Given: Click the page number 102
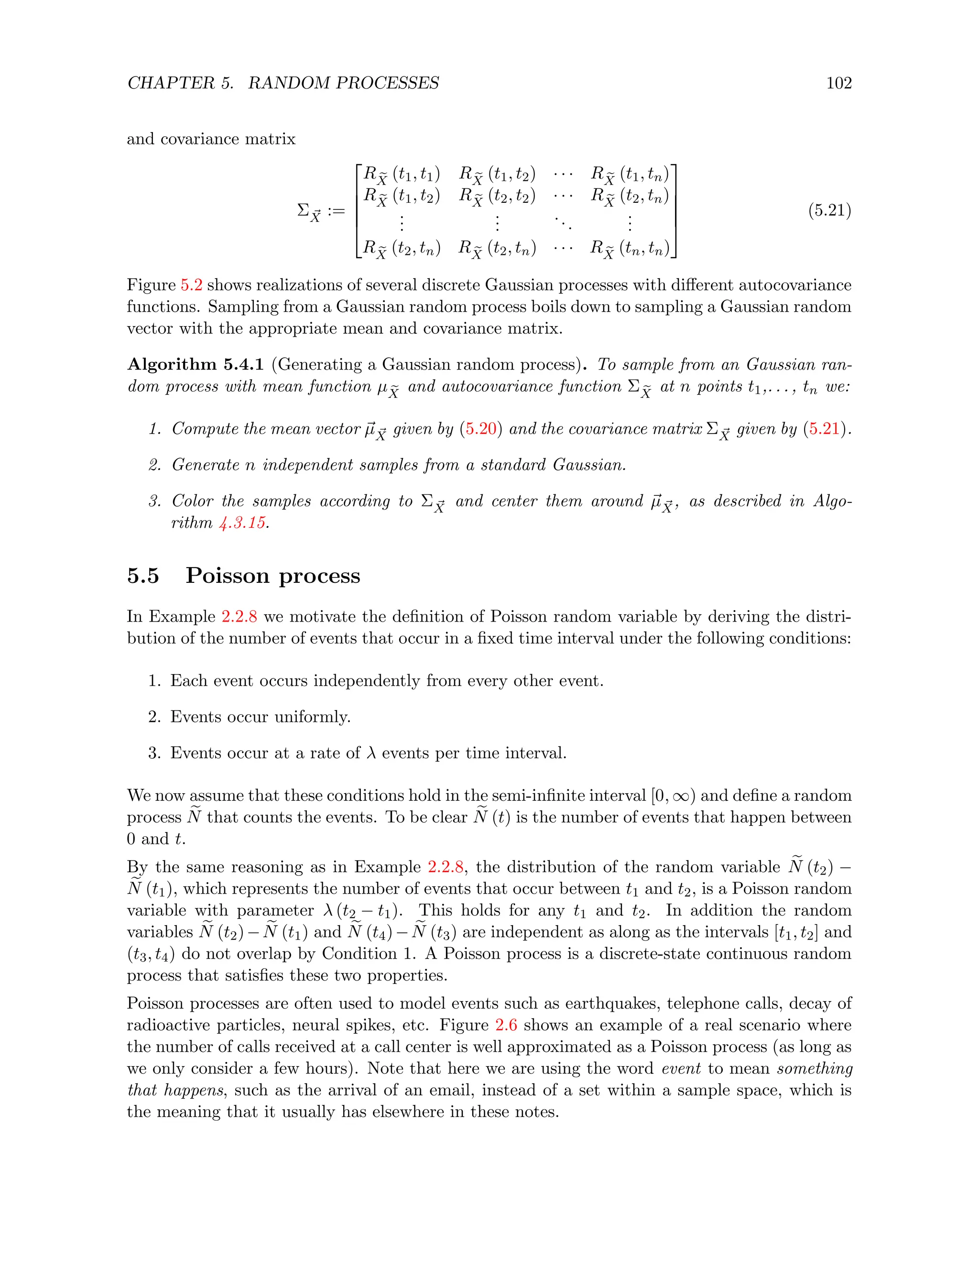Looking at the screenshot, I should tap(838, 83).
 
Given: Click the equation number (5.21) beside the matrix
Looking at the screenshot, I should tap(829, 210).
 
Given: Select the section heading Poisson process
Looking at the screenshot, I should tap(272, 576).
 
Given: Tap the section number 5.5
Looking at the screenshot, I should tap(142, 576).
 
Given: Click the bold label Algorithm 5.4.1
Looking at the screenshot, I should tap(196, 364).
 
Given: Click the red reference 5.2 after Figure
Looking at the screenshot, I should tap(191, 285).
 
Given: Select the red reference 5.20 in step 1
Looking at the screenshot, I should tap(481, 429).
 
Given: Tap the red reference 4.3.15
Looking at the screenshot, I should tap(242, 523).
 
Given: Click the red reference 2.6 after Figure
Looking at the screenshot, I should tap(506, 1025).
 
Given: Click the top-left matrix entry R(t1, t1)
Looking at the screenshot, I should tap(402, 174).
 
